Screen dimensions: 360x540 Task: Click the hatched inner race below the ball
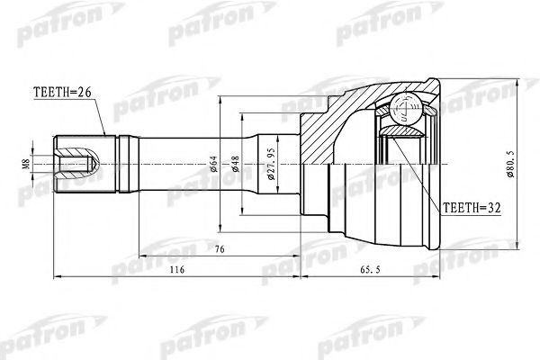pos(400,135)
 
